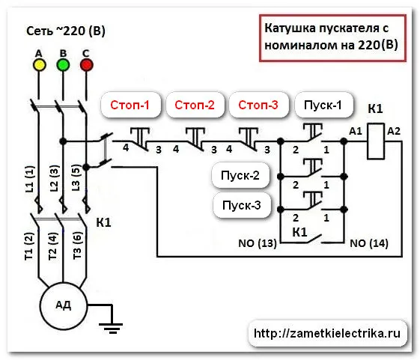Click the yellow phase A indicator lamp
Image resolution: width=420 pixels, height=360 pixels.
[39, 65]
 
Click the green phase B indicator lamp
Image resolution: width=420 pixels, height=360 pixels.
[63, 65]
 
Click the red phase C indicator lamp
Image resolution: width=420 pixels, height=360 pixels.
[87, 65]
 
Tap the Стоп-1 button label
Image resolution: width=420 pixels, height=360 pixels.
[130, 105]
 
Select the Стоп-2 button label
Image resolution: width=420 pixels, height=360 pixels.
[195, 105]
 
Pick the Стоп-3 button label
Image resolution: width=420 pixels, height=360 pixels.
[258, 105]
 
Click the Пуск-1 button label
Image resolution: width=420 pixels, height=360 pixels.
[323, 105]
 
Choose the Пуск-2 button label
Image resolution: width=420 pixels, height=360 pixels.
[240, 176]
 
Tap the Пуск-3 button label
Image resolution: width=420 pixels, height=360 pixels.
[242, 205]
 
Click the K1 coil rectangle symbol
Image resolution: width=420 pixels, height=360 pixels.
[376, 141]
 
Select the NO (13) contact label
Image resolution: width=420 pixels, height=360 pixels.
[258, 243]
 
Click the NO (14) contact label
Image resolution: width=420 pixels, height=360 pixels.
[369, 243]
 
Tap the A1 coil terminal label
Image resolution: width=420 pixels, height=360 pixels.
[356, 131]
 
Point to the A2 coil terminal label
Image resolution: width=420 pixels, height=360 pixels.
[394, 131]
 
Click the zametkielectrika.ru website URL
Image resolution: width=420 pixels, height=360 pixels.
[327, 334]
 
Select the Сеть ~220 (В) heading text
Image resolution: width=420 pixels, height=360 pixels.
[66, 31]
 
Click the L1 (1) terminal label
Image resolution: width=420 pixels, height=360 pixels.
[30, 179]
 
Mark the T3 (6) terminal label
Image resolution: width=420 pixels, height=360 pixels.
[77, 245]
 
